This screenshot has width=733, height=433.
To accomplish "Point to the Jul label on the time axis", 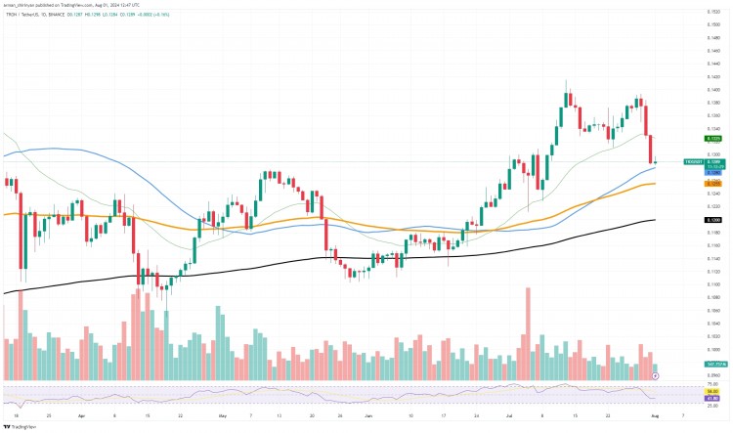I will (x=509, y=414).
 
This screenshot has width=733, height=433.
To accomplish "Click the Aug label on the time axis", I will (x=655, y=414).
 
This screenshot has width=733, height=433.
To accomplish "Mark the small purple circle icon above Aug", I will (x=655, y=375).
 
